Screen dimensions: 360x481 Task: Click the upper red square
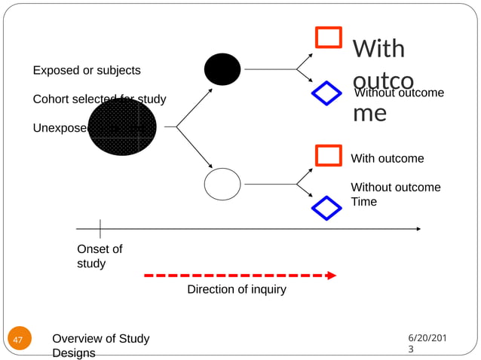pyautogui.click(x=328, y=38)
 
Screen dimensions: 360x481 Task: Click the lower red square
pyautogui.click(x=328, y=155)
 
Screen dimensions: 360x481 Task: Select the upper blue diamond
pyautogui.click(x=326, y=93)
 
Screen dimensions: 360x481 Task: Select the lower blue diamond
pyautogui.click(x=326, y=208)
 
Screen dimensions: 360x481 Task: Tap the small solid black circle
pyautogui.click(x=222, y=69)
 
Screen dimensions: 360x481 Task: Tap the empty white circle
pyautogui.click(x=222, y=184)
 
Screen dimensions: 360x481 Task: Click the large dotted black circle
pyautogui.click(x=122, y=127)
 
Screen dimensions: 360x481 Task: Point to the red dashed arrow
pyautogui.click(x=240, y=276)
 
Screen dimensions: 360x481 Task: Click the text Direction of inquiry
pyautogui.click(x=237, y=289)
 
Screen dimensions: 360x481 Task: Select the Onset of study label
pyautogui.click(x=100, y=256)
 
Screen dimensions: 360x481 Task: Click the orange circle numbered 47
pyautogui.click(x=19, y=340)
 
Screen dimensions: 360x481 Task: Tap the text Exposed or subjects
pyautogui.click(x=86, y=70)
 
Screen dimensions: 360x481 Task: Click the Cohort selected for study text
pyautogui.click(x=100, y=99)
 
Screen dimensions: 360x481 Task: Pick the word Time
pyautogui.click(x=364, y=202)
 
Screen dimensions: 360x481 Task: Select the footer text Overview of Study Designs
pyautogui.click(x=100, y=346)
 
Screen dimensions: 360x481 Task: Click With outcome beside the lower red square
pyautogui.click(x=388, y=159)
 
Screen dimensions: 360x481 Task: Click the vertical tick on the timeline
pyautogui.click(x=100, y=228)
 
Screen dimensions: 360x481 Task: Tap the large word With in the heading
pyautogui.click(x=378, y=49)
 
